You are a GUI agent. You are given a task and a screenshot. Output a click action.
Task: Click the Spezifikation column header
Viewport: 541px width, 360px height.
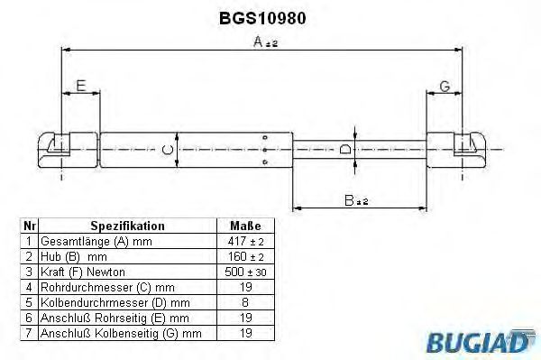(x=127, y=226)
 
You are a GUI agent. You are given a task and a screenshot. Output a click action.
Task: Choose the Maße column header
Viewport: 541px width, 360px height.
(x=245, y=226)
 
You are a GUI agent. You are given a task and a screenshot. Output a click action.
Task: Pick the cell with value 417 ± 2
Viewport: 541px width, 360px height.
(x=245, y=241)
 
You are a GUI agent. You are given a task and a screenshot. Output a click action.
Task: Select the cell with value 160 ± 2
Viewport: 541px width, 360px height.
(x=245, y=256)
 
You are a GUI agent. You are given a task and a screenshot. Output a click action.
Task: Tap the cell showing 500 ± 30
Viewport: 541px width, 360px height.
(x=245, y=272)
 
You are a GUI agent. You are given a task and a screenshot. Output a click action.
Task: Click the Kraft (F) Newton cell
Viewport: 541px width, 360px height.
(x=88, y=272)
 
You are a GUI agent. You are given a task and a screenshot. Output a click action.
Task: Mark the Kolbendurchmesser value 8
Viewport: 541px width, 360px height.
(x=245, y=302)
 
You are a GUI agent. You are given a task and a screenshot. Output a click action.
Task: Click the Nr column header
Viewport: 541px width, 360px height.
(x=29, y=226)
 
